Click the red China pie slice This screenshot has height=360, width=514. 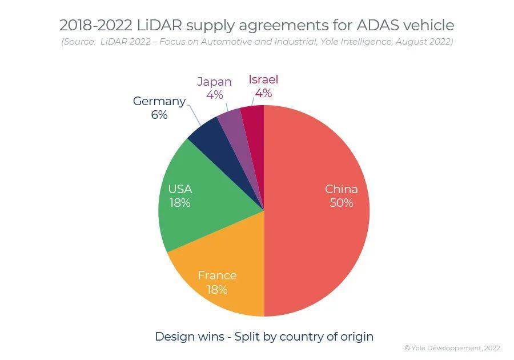pos(320,240)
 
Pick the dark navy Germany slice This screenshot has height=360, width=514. pos(208,135)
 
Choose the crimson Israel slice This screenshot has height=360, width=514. pos(253,123)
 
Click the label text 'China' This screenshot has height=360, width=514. pos(341,189)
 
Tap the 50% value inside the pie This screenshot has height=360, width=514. pos(341,203)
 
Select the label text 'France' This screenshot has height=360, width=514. pos(217,275)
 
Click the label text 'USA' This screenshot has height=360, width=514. pos(180,189)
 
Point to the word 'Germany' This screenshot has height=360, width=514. pos(159,101)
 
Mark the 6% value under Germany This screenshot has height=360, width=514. pos(159,115)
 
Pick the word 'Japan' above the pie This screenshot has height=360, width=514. pos(214,81)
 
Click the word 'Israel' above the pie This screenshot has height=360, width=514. pos(263,79)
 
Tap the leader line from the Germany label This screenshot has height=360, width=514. pos(194,116)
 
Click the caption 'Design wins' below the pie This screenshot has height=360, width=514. pos(190,337)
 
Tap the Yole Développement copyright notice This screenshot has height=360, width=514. pos(452,347)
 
